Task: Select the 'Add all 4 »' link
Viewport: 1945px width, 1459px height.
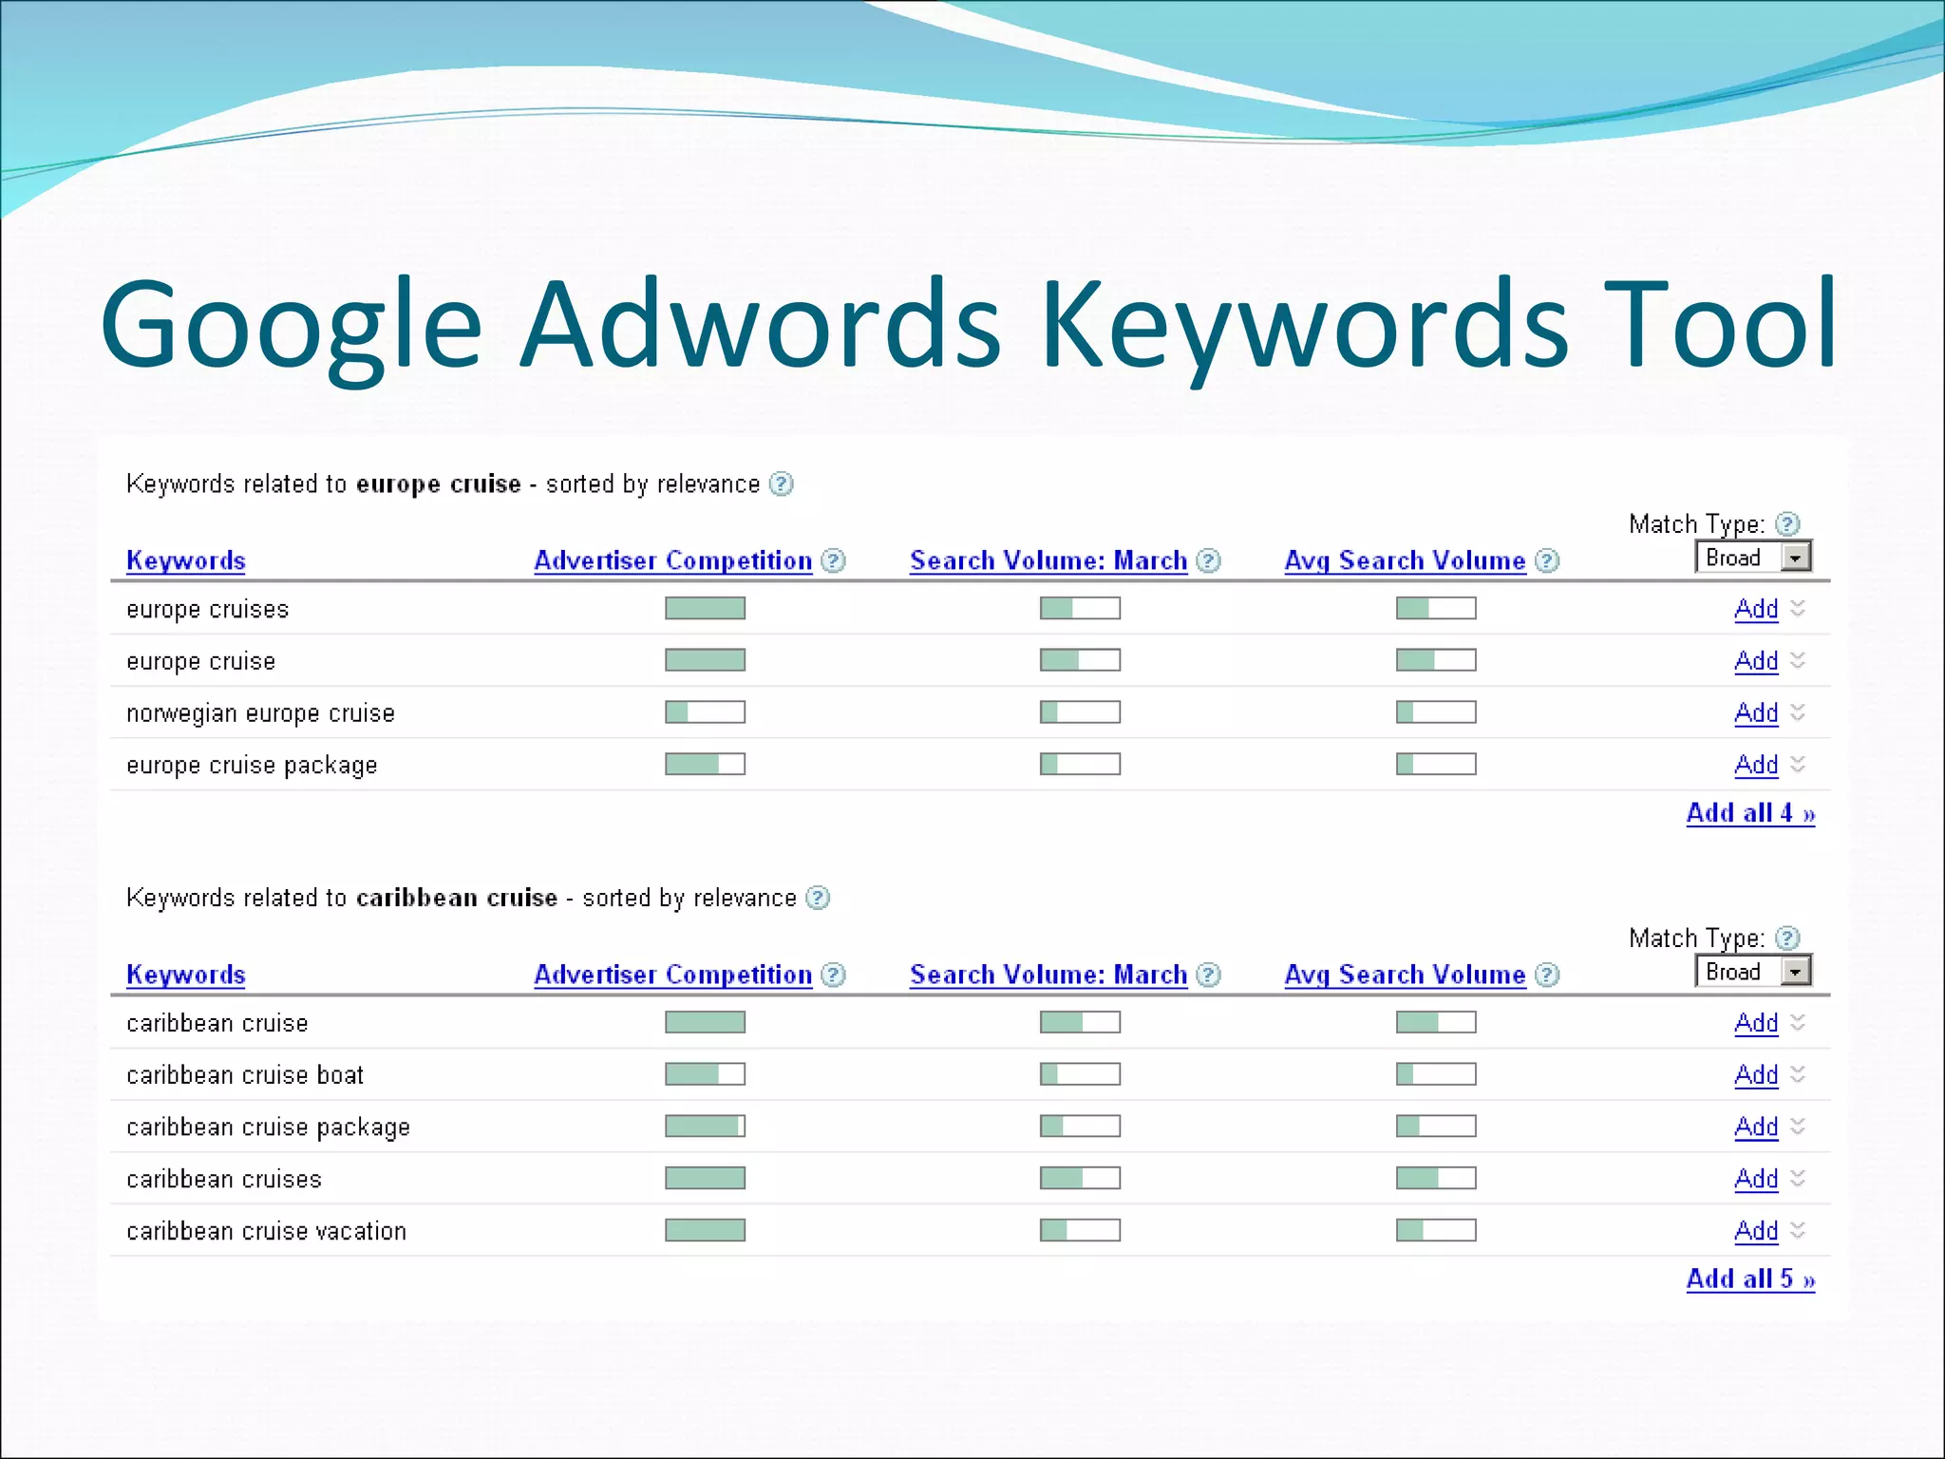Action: coord(1750,813)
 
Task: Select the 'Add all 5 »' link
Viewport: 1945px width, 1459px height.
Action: coord(1750,1279)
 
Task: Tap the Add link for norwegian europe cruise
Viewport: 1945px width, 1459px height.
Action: coord(1756,712)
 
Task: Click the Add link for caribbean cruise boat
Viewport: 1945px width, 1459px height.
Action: coord(1756,1074)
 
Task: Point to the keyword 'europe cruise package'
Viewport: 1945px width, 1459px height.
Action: coord(252,765)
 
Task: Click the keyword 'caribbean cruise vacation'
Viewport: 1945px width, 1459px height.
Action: coord(266,1231)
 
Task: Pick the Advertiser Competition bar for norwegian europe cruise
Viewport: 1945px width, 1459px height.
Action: coord(705,711)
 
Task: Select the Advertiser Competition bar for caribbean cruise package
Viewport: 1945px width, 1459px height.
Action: coord(705,1126)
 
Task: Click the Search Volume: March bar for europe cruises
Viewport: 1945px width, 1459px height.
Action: coord(1080,608)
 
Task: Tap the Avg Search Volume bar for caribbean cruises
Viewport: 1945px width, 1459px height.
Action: coord(1436,1178)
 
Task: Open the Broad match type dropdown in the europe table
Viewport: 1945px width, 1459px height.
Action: coord(1795,558)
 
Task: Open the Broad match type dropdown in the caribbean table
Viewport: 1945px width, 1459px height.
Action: coord(1795,972)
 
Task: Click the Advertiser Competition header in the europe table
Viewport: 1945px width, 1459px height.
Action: coord(672,560)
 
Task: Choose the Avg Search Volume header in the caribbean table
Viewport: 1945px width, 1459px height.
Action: coord(1405,975)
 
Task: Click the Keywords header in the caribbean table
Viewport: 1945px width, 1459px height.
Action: coord(186,975)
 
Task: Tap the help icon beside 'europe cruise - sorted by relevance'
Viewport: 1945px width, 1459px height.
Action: coord(781,484)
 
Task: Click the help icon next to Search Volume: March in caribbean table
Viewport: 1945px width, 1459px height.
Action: coord(1208,975)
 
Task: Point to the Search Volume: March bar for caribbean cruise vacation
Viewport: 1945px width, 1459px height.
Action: coord(1080,1230)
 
